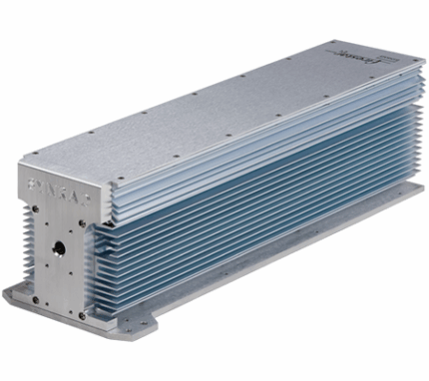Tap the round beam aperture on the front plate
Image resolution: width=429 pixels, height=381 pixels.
[x=59, y=244]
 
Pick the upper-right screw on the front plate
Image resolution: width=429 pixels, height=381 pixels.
[x=82, y=213]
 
